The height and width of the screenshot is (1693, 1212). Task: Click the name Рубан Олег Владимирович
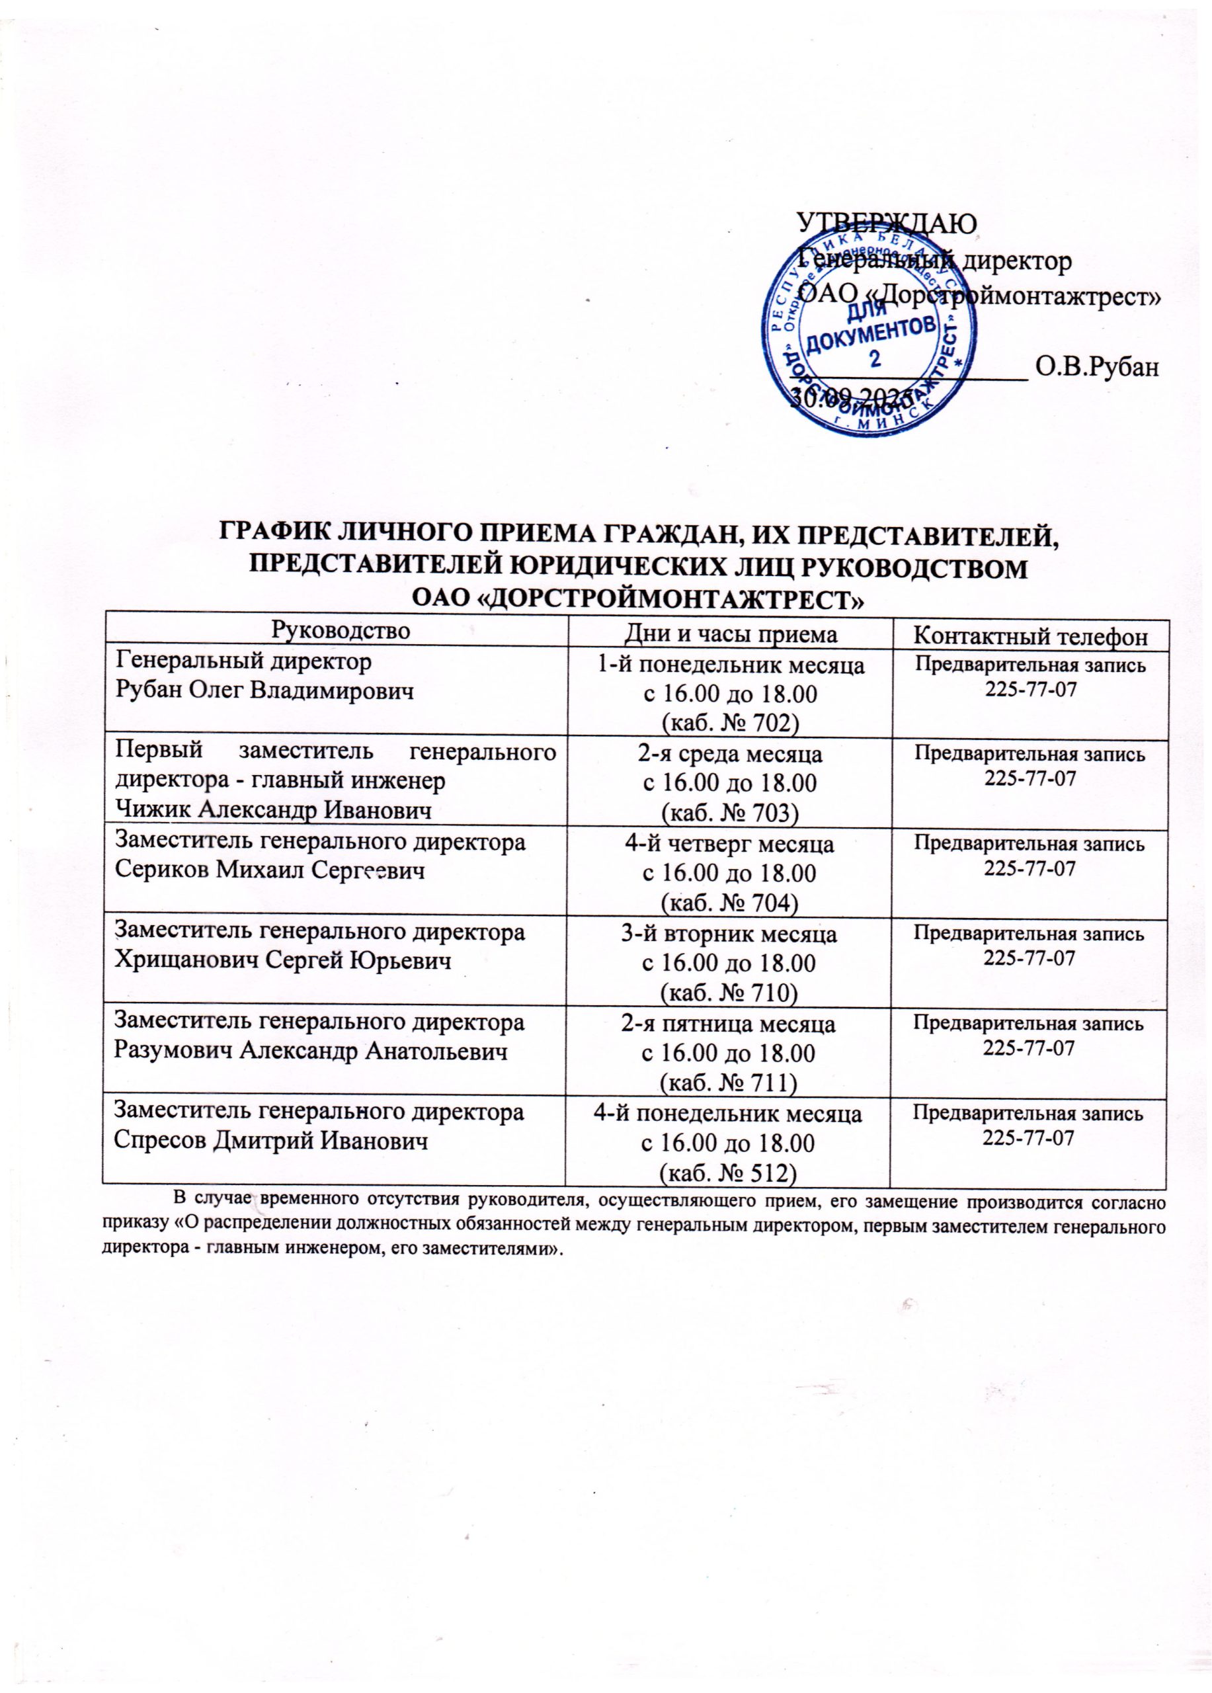[264, 691]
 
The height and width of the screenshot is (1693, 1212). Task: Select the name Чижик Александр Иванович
[273, 811]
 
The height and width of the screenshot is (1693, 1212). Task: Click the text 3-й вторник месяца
[729, 934]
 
